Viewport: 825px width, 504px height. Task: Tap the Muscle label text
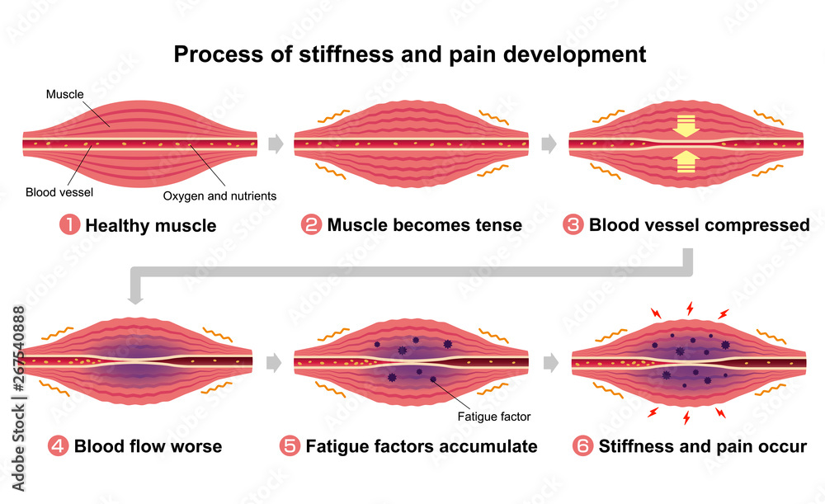pos(64,95)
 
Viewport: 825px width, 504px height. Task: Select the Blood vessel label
pos(59,193)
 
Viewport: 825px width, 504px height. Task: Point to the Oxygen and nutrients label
pos(219,196)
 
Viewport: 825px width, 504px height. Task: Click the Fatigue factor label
pos(493,417)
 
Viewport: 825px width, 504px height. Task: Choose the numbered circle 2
pos(312,224)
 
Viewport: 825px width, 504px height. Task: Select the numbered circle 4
pos(59,446)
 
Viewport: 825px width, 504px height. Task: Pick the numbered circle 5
pos(290,446)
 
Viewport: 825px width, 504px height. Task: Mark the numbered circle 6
pos(582,446)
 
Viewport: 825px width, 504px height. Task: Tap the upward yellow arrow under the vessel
pos(686,163)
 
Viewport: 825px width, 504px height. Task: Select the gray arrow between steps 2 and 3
pos(549,144)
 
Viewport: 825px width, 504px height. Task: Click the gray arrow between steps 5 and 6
pos(550,360)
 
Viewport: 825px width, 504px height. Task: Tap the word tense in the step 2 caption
pos(497,224)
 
